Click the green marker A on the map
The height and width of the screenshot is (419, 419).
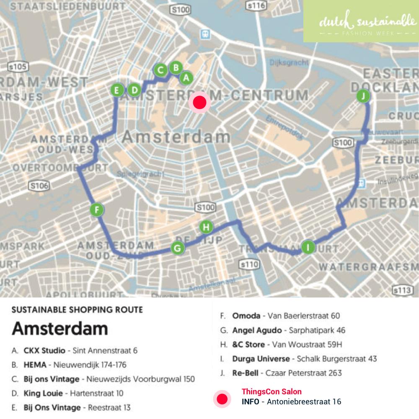click(x=186, y=78)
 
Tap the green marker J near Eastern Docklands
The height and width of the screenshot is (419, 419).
click(x=363, y=96)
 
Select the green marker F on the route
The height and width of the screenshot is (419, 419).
click(x=97, y=209)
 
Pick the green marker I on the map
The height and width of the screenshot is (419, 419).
click(x=308, y=247)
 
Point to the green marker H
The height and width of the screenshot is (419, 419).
click(x=206, y=227)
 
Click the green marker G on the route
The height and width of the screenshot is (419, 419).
click(x=178, y=248)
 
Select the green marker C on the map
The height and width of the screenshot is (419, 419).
click(x=160, y=70)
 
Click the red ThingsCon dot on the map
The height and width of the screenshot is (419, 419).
click(x=199, y=102)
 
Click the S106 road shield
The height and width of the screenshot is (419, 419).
click(x=39, y=186)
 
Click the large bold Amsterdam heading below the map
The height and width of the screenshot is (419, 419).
click(x=59, y=328)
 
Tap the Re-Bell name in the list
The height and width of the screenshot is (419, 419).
click(x=245, y=372)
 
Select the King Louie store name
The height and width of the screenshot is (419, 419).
click(x=43, y=393)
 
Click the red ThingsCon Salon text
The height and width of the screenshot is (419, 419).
click(x=272, y=392)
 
